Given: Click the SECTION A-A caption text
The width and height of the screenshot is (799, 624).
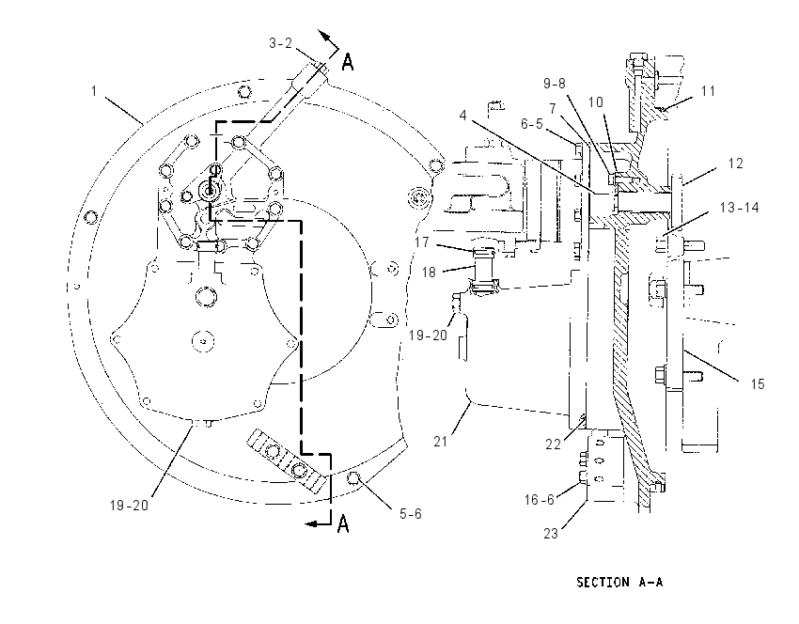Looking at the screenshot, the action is click(x=619, y=582).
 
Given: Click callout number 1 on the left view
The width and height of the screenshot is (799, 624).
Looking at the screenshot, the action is click(x=94, y=91).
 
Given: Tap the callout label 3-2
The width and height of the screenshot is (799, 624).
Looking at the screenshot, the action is click(x=281, y=43).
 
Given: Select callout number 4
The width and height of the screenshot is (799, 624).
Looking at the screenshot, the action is click(x=462, y=116).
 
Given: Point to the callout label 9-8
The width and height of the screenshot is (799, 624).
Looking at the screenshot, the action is click(x=555, y=83).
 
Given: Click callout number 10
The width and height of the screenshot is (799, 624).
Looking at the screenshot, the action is click(x=596, y=102).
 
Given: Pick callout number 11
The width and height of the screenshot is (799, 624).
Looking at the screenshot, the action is click(x=709, y=91).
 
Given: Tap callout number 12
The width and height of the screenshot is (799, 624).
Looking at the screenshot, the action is click(x=736, y=164).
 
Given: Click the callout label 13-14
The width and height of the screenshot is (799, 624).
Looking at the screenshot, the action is click(x=740, y=208).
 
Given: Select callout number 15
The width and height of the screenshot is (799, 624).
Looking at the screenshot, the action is click(x=758, y=384).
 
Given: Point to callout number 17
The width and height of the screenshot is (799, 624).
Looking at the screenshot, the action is click(x=422, y=242).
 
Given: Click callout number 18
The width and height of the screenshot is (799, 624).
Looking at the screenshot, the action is click(x=429, y=273).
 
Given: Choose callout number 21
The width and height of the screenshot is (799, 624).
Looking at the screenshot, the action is click(x=440, y=441).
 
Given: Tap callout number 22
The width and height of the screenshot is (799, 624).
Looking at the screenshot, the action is click(x=553, y=445).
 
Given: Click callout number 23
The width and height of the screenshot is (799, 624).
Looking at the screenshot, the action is click(x=551, y=534).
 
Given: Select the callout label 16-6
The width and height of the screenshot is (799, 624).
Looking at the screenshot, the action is click(x=540, y=500).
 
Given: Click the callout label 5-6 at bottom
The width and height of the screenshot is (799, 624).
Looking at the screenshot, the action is click(x=410, y=514).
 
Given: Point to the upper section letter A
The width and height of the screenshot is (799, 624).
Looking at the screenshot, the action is click(x=348, y=63).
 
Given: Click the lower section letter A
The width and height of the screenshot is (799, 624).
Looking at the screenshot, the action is click(x=344, y=523).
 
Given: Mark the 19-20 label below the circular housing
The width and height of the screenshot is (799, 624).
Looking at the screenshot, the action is click(x=129, y=506).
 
